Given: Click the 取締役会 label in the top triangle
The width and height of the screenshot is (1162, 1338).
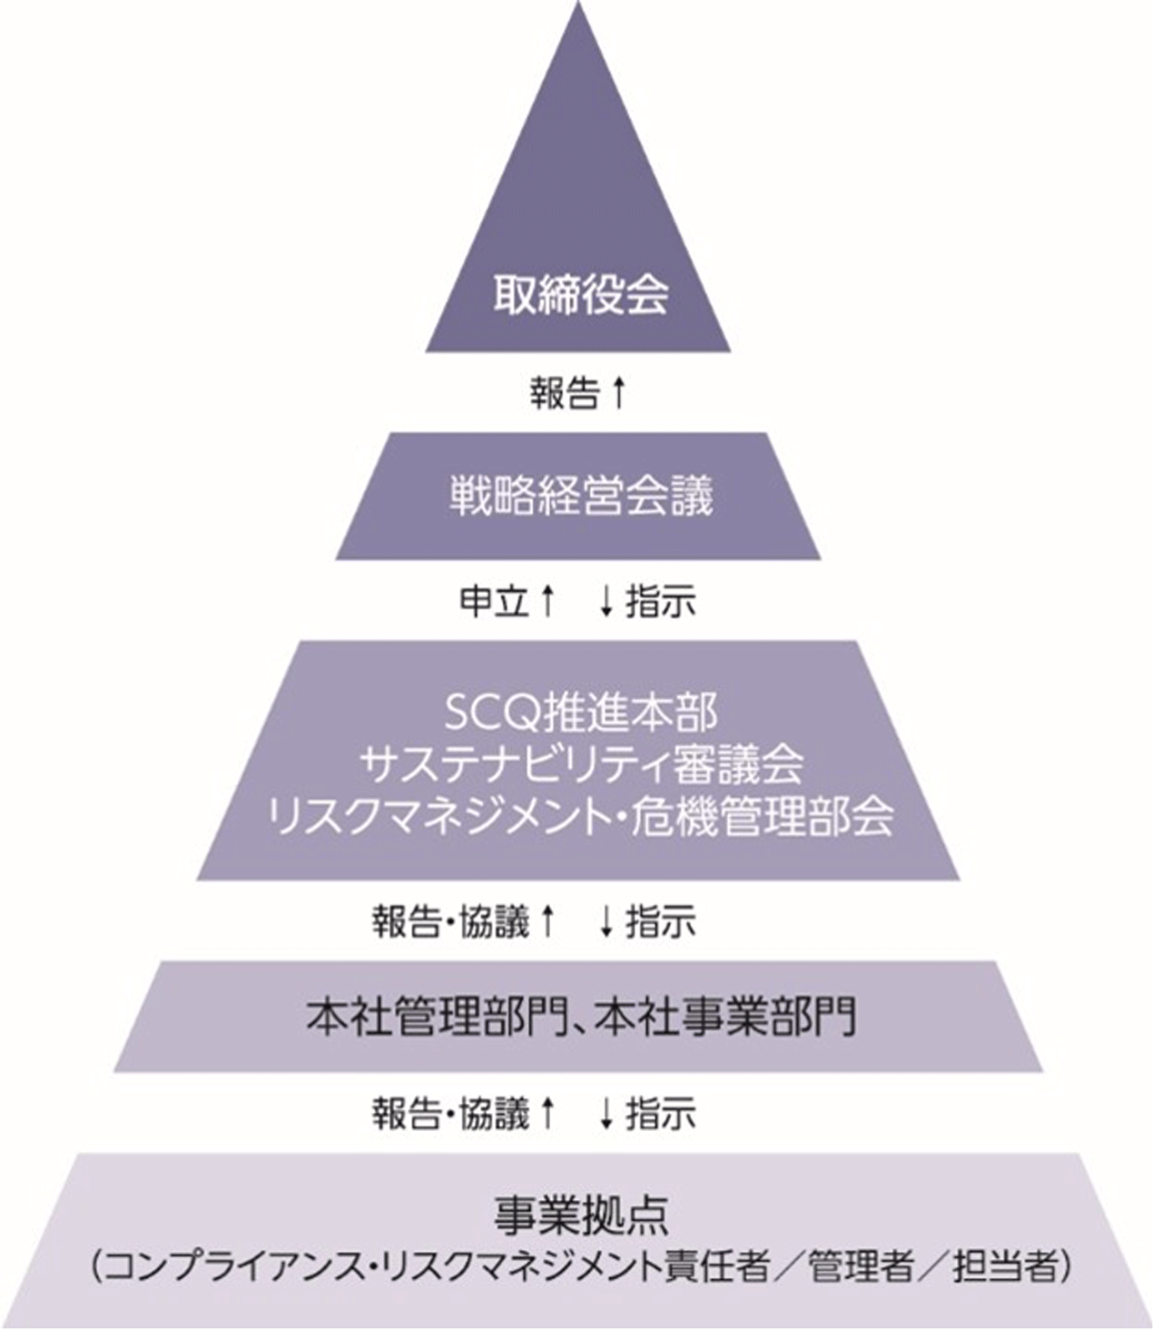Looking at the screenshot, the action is tap(580, 296).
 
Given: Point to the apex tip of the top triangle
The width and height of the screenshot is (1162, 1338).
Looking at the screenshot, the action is tap(578, 2).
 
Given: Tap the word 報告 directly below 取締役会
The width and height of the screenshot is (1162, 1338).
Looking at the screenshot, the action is tap(565, 394).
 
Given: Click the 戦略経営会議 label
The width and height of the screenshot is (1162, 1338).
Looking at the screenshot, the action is tap(581, 495).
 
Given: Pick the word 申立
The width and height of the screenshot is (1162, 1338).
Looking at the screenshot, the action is tap(494, 601).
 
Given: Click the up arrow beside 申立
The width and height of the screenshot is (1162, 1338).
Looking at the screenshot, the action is tap(547, 601).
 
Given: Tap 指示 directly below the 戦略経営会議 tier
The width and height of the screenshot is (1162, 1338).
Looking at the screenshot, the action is tap(661, 601).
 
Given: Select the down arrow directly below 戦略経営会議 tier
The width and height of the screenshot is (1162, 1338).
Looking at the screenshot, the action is tap(606, 601).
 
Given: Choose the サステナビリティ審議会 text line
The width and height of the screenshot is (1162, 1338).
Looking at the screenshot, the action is tap(581, 765).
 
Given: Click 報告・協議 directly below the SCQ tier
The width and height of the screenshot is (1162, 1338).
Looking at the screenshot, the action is tap(450, 923).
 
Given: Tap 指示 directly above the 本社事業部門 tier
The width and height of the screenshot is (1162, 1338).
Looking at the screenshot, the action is tap(661, 923).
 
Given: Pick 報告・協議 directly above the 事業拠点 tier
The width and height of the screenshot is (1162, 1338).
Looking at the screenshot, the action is tap(450, 1114).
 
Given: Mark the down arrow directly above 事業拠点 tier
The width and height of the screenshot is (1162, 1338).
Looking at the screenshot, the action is tap(606, 1114).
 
